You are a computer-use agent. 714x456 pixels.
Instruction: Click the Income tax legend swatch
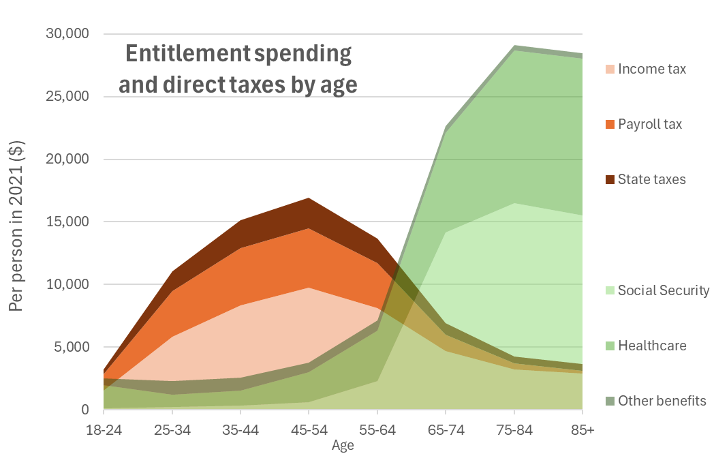[610, 69]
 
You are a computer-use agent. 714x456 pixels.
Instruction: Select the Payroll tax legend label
[649, 124]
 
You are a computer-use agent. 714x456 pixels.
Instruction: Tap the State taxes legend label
[651, 179]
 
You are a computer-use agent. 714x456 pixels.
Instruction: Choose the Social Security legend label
[664, 290]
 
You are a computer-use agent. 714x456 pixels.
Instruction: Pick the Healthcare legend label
[652, 346]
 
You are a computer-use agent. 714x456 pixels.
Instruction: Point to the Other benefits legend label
[662, 401]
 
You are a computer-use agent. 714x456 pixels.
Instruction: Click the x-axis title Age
[343, 446]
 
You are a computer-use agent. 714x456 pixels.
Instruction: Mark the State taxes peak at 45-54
[309, 198]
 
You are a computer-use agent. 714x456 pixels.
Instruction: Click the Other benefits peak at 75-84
[514, 46]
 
